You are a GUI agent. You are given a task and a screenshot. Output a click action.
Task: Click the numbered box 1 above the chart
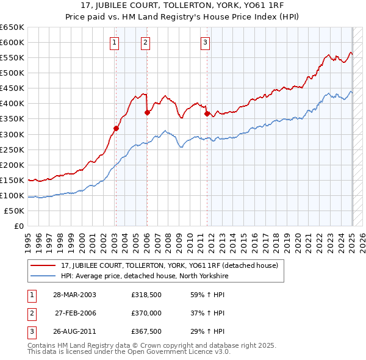pos(115,42)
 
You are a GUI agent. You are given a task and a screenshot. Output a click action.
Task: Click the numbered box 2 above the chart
pos(146,42)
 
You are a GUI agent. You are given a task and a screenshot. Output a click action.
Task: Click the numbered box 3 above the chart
pos(206,42)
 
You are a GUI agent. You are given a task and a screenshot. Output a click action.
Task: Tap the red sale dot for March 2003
pos(116,128)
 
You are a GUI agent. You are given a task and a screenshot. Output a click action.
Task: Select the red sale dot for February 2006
pos(147,112)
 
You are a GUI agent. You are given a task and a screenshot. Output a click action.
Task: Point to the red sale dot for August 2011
pos(207,113)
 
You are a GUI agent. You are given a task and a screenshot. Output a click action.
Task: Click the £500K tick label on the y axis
pos(12,73)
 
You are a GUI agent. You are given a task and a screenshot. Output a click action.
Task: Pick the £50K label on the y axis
pos(15,211)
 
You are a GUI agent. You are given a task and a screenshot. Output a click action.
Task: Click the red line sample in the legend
pos(43,265)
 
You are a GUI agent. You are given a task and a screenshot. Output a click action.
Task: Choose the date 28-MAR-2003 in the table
pos(75,294)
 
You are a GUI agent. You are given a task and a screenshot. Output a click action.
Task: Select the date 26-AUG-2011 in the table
pos(75,332)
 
